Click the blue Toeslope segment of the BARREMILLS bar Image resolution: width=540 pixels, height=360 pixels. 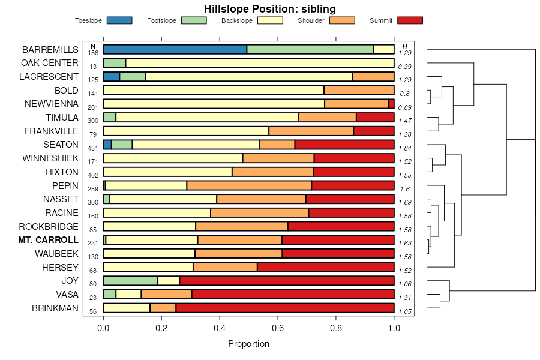tap(175, 49)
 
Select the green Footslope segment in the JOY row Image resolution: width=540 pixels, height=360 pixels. tap(130, 281)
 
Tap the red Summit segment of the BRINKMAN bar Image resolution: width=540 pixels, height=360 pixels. tap(284, 308)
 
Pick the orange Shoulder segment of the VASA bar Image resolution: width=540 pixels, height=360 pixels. tap(166, 294)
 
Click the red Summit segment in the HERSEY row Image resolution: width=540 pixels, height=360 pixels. tap(325, 267)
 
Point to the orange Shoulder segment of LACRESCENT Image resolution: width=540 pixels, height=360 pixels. tap(373, 76)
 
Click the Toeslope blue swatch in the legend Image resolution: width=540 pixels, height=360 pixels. tap(119, 20)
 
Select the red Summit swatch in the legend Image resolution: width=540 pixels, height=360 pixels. tap(410, 20)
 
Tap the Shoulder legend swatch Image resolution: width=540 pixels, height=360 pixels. tap(343, 20)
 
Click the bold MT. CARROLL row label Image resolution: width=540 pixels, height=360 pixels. tap(49, 240)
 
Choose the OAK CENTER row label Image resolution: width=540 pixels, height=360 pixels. tap(50, 63)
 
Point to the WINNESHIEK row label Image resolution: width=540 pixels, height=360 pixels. tap(50, 158)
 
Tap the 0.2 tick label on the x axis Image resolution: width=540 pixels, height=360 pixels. tap(161, 328)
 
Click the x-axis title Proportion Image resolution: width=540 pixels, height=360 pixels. tap(248, 344)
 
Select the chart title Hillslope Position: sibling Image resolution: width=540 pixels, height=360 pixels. tap(269, 8)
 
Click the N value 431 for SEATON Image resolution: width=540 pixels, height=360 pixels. tap(93, 148)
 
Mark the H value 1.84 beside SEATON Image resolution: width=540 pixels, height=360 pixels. tap(404, 148)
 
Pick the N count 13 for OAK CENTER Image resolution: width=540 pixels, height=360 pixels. tap(93, 66)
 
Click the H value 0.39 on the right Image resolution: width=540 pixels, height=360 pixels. tap(404, 66)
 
